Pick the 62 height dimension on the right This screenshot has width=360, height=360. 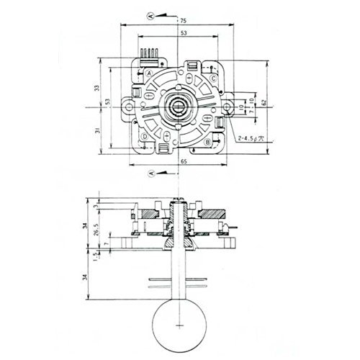264,103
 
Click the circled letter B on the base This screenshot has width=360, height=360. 207,143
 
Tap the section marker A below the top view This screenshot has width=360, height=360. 151,174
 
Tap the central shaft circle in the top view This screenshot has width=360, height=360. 177,107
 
